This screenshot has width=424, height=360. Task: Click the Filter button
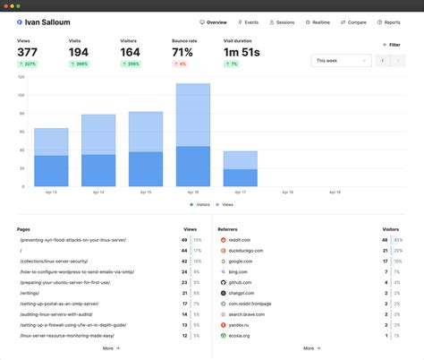tap(392, 44)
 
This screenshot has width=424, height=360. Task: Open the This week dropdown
tap(341, 61)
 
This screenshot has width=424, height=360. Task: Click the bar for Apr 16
tap(193, 134)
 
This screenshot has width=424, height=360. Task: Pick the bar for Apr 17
tap(240, 168)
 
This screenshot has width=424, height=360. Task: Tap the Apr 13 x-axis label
tap(52, 192)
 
